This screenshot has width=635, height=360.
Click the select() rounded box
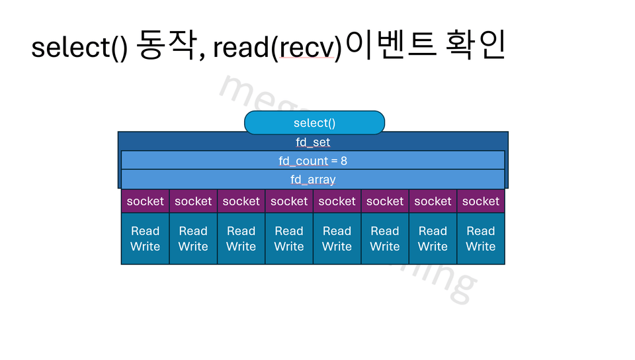(314, 123)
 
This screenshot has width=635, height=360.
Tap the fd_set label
(313, 142)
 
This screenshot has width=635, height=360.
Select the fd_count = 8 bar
(313, 161)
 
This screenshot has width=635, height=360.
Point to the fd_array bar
(313, 179)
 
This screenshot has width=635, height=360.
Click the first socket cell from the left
(146, 201)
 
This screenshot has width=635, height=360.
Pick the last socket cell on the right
(481, 201)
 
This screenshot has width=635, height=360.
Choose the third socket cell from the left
(241, 201)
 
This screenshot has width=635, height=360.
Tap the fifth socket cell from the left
(337, 201)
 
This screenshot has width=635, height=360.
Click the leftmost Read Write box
(146, 239)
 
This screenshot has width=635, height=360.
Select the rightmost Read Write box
(481, 239)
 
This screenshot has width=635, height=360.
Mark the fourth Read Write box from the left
(289, 239)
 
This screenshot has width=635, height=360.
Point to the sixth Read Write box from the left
(385, 239)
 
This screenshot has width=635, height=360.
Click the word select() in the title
(79, 48)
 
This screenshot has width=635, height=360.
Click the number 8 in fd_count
(344, 161)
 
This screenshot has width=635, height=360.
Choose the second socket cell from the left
(193, 201)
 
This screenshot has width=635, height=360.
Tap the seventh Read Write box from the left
(433, 239)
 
